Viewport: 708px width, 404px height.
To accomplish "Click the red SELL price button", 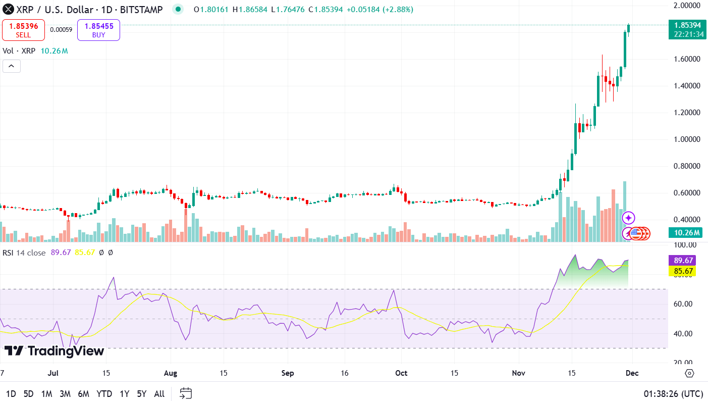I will (23, 30).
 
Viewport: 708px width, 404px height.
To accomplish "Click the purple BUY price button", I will (98, 30).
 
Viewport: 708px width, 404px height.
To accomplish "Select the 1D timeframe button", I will (11, 394).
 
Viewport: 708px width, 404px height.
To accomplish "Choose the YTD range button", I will (104, 394).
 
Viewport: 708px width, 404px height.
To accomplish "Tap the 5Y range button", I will (142, 394).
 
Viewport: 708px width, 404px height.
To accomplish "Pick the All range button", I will (159, 394).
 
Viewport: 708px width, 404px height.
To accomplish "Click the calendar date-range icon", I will (186, 393).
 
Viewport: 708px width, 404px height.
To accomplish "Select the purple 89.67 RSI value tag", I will (682, 261).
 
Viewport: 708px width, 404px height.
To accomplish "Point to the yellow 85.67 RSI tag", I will (682, 272).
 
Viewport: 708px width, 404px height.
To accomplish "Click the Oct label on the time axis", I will (401, 374).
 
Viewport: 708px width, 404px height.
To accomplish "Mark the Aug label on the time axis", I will (171, 374).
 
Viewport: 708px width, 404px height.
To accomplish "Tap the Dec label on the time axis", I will (632, 374).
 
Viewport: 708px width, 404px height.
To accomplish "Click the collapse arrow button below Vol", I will (12, 66).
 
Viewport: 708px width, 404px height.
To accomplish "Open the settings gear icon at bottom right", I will (689, 374).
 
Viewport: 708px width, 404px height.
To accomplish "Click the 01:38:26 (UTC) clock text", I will (673, 394).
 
